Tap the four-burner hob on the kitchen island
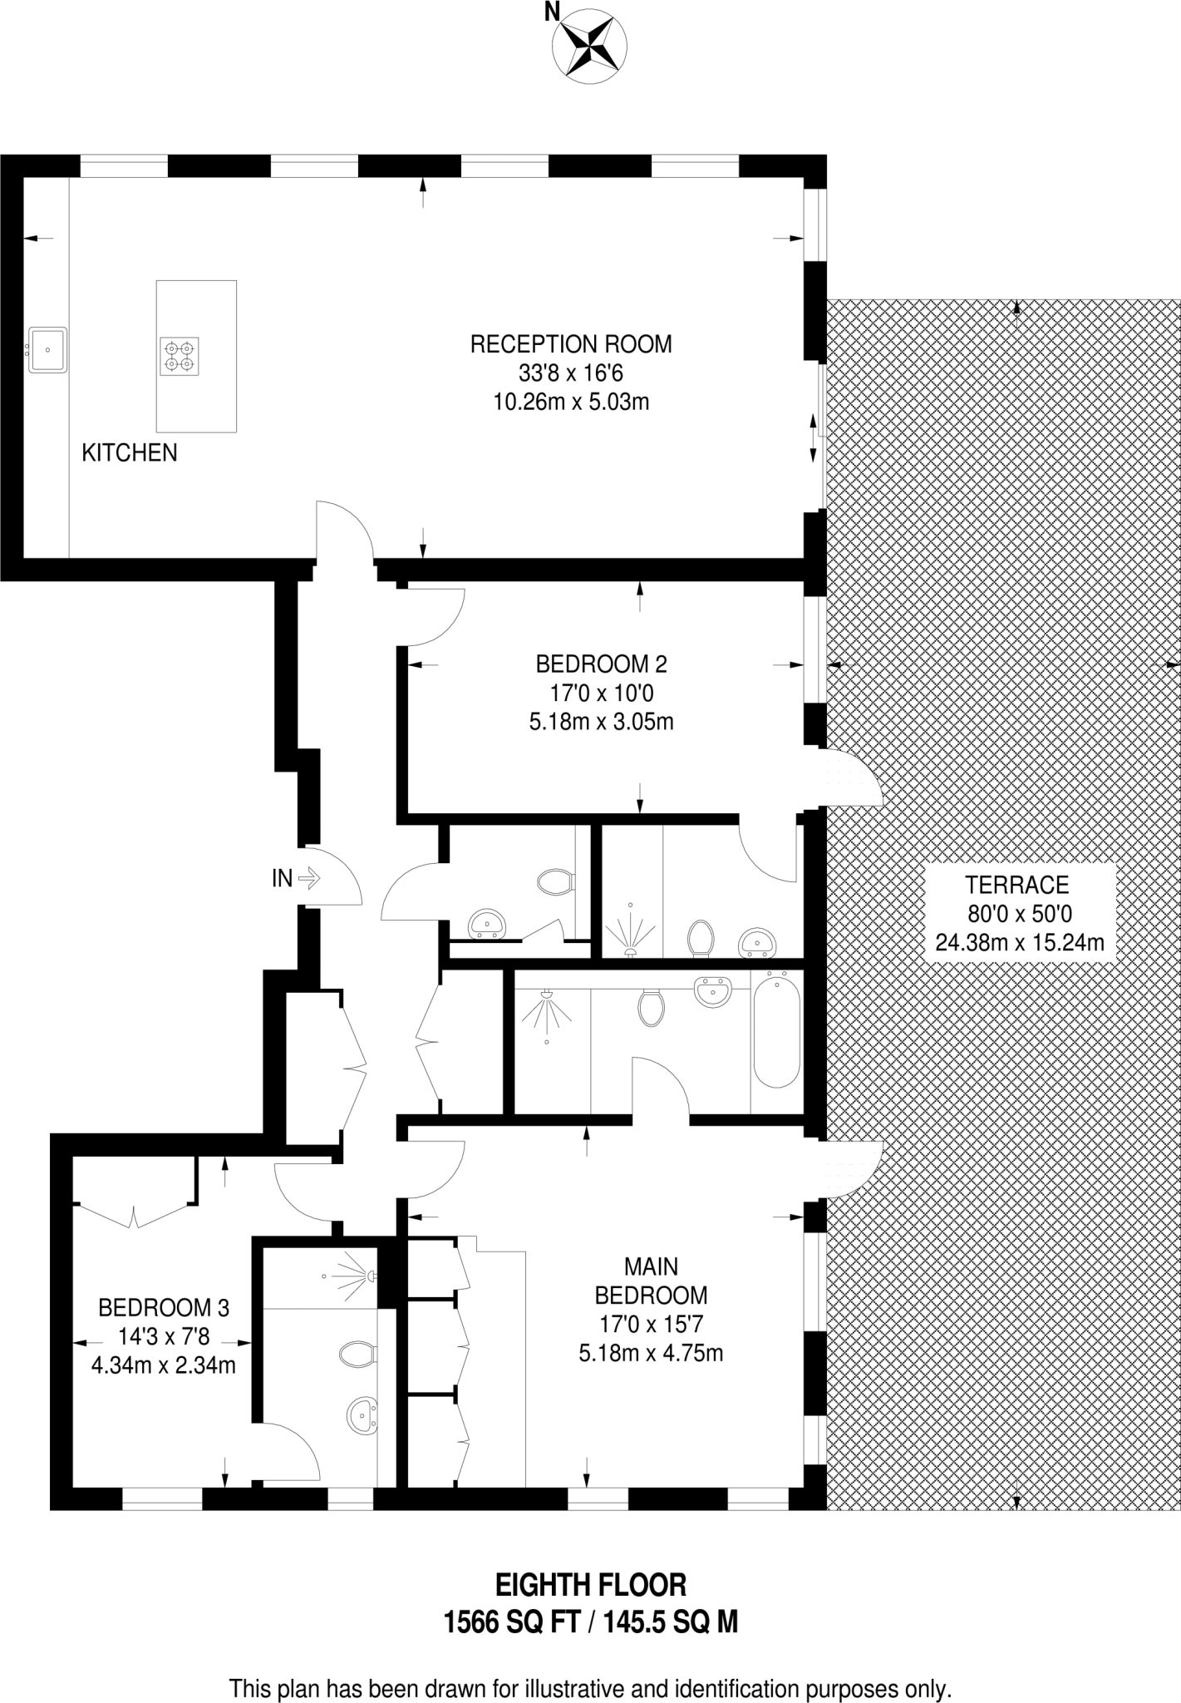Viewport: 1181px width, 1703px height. (180, 356)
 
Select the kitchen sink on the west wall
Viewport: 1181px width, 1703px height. (48, 349)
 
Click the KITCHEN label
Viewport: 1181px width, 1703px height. (130, 452)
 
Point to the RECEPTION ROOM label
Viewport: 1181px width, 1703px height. (571, 343)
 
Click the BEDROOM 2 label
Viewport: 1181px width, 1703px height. (601, 664)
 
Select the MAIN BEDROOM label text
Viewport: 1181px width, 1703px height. (652, 1281)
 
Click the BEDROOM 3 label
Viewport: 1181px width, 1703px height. (164, 1308)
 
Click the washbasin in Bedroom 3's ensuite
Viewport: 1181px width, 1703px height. (361, 1414)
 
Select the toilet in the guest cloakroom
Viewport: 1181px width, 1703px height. (556, 881)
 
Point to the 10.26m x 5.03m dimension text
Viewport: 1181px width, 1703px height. (571, 402)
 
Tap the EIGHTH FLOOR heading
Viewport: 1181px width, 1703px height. (591, 1585)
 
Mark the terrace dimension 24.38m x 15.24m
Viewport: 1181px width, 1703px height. (1020, 943)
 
